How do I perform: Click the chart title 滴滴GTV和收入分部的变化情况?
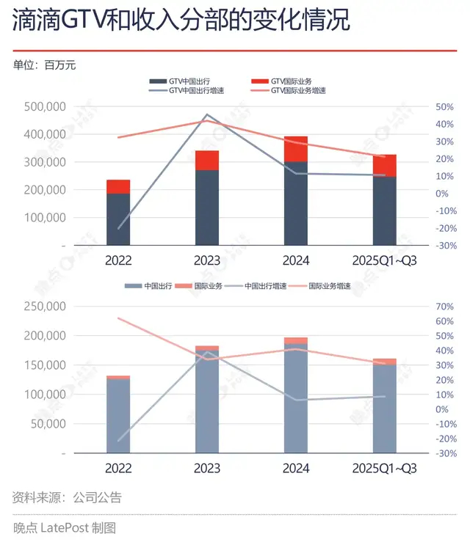(x=181, y=21)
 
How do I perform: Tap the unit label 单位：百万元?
(x=45, y=65)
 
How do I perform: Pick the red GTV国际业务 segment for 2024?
(x=296, y=149)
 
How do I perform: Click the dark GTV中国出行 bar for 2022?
(x=118, y=219)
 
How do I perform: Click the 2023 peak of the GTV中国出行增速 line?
(x=207, y=114)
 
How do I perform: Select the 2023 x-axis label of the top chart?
(x=207, y=260)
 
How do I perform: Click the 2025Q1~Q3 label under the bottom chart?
(x=384, y=468)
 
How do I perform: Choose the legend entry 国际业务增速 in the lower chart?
(x=328, y=286)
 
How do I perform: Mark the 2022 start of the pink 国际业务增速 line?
(x=118, y=318)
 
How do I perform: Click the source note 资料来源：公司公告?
(x=67, y=497)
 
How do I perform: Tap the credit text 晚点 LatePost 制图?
(x=65, y=527)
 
